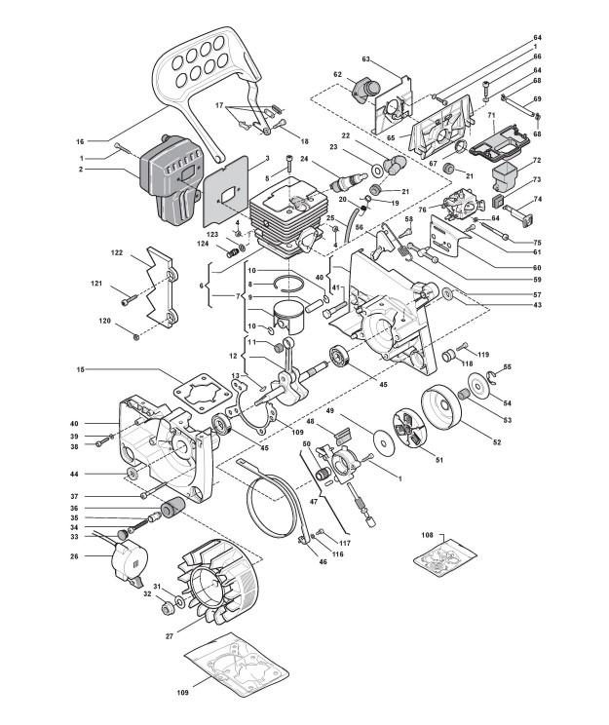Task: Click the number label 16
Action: (108, 140)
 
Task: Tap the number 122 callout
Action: (117, 252)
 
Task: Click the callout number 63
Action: (366, 58)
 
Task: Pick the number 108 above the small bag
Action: (427, 535)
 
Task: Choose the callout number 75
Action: (535, 241)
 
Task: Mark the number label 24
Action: (304, 160)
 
